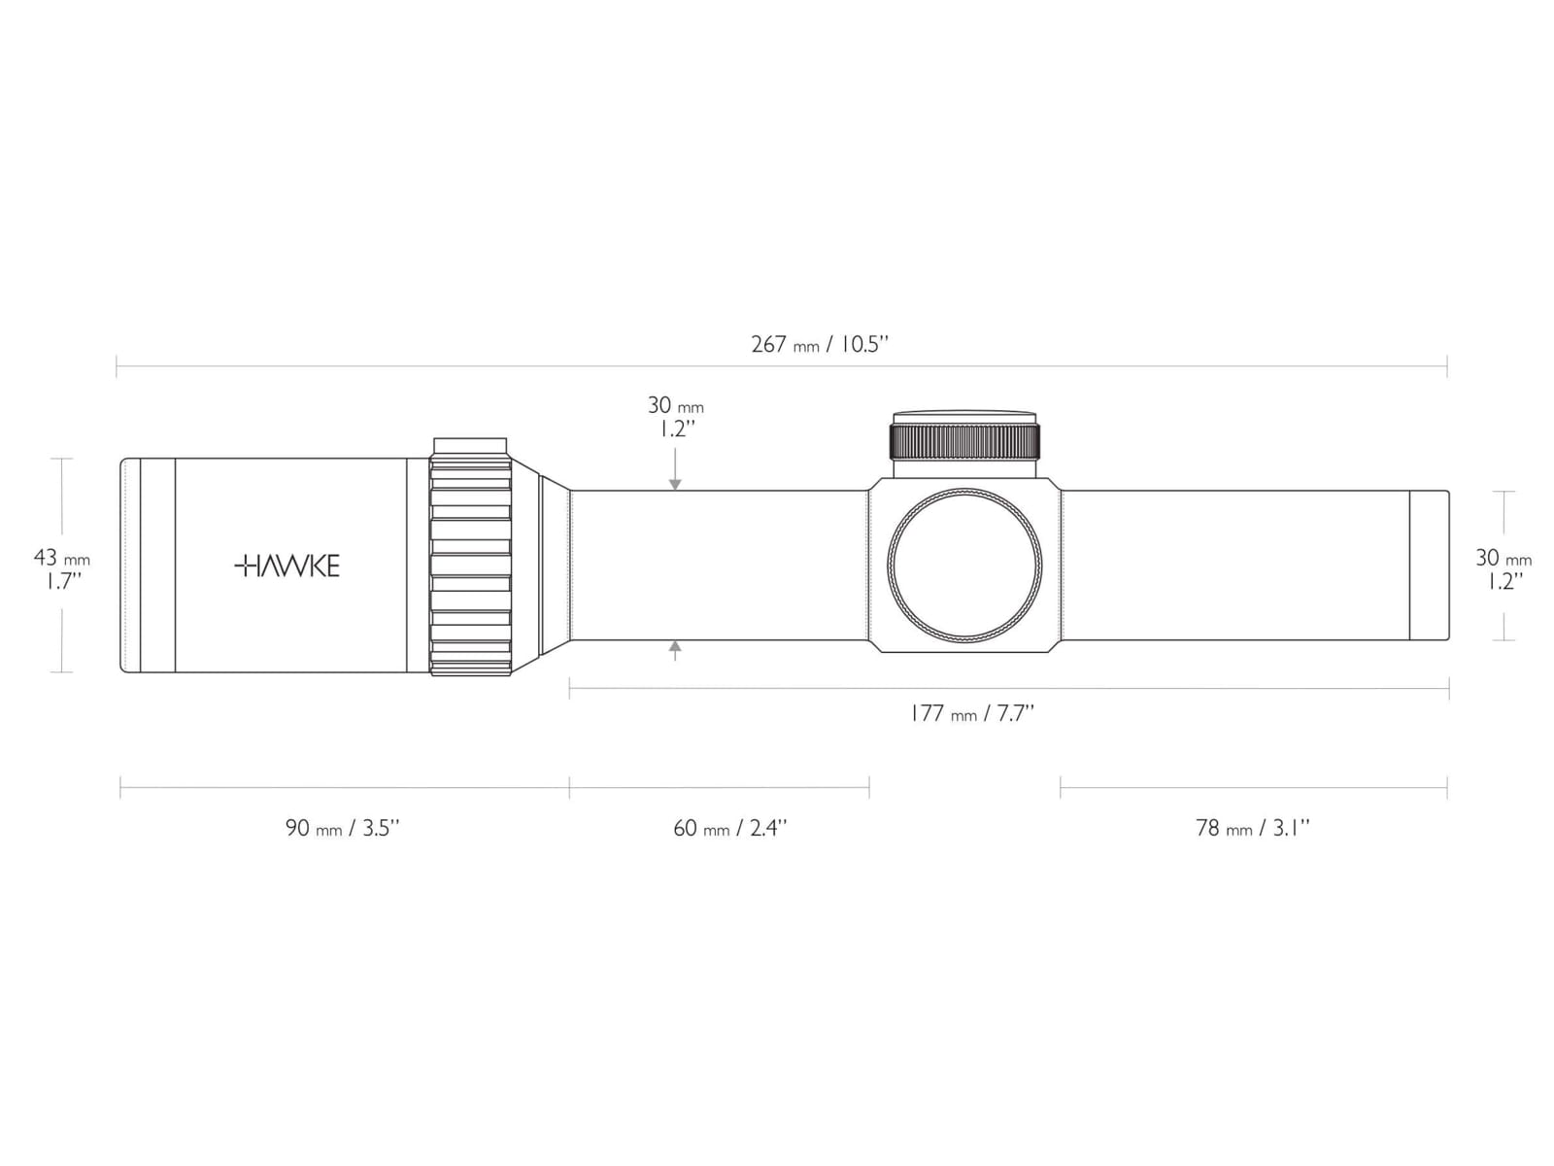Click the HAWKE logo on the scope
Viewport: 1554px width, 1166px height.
click(x=287, y=566)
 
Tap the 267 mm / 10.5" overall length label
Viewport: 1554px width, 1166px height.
click(x=819, y=345)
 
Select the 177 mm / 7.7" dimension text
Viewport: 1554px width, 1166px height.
click(x=972, y=713)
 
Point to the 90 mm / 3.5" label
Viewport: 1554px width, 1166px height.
click(x=343, y=828)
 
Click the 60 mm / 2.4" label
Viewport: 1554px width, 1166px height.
click(x=730, y=828)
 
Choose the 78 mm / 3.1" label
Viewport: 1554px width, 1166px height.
click(x=1252, y=828)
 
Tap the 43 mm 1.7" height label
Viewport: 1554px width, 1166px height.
click(x=61, y=569)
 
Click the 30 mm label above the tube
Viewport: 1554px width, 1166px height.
click(x=675, y=405)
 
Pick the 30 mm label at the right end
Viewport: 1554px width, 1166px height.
click(x=1503, y=558)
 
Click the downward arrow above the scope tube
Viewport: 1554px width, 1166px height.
click(x=675, y=468)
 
